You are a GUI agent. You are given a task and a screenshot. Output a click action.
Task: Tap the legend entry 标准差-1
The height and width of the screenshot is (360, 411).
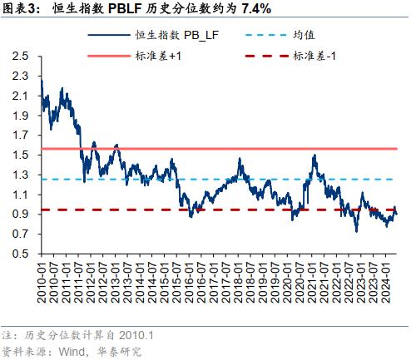(315, 55)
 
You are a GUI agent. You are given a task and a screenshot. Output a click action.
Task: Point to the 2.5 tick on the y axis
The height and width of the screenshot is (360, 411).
(20, 57)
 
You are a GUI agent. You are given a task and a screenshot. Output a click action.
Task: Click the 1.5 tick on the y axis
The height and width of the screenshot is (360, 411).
(20, 155)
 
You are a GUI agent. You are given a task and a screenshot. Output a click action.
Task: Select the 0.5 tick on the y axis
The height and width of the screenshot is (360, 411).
(20, 254)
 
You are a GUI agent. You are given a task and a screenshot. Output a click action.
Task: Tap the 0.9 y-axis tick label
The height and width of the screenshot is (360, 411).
(20, 215)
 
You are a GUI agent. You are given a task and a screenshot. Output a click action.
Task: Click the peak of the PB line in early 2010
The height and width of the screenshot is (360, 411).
(41, 81)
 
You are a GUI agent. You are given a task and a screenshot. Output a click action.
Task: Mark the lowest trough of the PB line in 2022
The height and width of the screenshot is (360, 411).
(357, 231)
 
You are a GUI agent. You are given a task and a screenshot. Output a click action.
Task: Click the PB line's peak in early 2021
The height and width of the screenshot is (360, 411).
(314, 155)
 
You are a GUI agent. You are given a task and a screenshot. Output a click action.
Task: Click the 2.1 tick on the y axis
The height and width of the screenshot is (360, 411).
(20, 96)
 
